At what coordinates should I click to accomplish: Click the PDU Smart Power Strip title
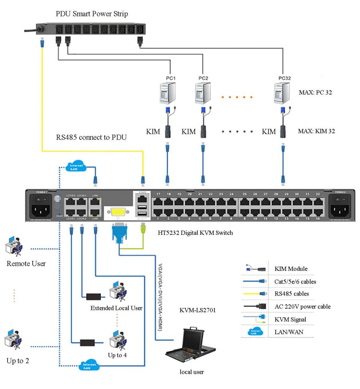click(x=92, y=14)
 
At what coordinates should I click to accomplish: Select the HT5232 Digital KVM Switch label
click(x=195, y=232)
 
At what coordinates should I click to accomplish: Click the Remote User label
click(x=26, y=263)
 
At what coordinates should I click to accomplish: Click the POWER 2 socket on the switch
click(x=340, y=209)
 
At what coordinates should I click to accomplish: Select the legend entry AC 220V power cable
click(x=302, y=307)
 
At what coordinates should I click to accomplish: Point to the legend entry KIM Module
click(x=291, y=269)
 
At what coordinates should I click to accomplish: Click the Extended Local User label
click(x=116, y=308)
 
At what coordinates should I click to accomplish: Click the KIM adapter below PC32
click(x=283, y=131)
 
